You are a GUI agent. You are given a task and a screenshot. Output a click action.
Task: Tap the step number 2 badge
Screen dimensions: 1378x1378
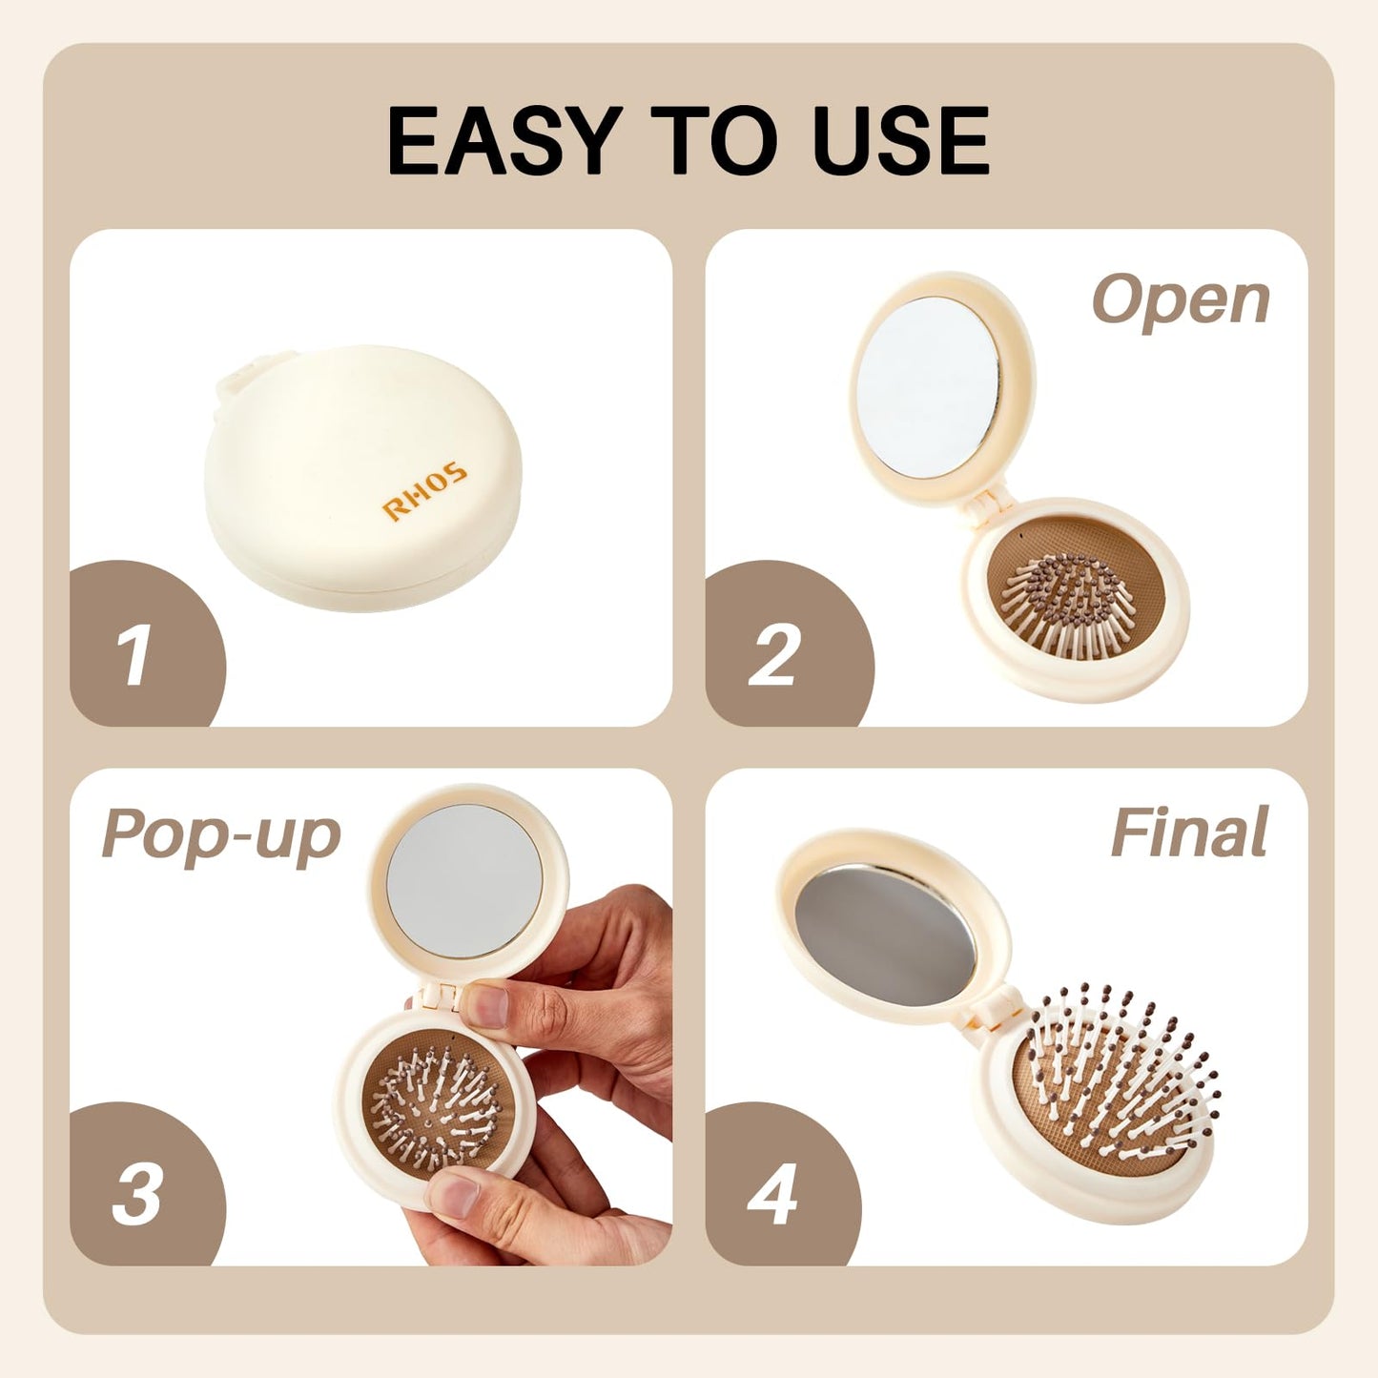click(773, 655)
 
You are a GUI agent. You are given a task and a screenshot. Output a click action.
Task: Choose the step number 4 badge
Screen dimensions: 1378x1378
click(772, 1194)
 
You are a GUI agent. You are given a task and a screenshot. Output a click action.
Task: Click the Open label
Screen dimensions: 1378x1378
click(1181, 300)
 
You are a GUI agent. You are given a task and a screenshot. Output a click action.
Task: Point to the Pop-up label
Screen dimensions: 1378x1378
click(221, 835)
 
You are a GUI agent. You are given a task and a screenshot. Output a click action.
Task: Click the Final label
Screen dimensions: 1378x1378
click(1189, 833)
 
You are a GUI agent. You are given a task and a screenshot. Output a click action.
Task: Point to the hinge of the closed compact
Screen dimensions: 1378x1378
click(237, 377)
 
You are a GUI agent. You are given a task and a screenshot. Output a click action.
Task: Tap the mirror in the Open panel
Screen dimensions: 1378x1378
click(928, 386)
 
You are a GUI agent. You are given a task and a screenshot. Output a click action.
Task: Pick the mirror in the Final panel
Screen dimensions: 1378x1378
click(886, 935)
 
